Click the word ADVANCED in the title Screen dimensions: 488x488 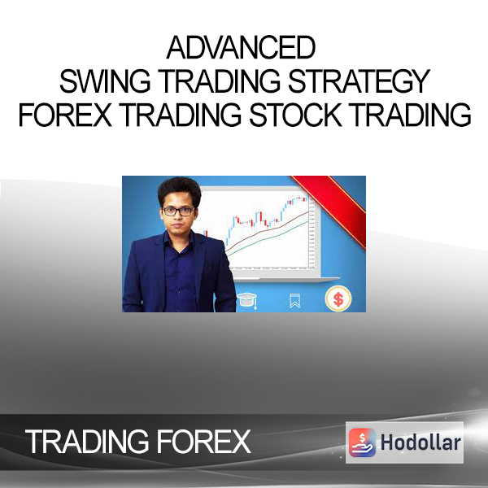(x=242, y=48)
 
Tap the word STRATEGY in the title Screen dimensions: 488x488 (x=359, y=81)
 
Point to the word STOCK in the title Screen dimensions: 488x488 (x=295, y=115)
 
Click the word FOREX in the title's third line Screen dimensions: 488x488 (x=65, y=115)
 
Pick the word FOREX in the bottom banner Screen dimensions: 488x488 (x=203, y=442)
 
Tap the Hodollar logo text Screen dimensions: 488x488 (x=420, y=442)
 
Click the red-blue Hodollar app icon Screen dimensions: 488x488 (x=362, y=442)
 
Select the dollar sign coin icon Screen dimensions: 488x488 (x=338, y=299)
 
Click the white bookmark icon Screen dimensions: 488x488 (x=294, y=301)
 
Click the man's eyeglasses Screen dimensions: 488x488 (x=177, y=211)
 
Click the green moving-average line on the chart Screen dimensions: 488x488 (x=268, y=237)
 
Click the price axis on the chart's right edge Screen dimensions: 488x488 (x=312, y=233)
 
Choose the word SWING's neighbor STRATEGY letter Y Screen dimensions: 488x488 (x=421, y=81)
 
